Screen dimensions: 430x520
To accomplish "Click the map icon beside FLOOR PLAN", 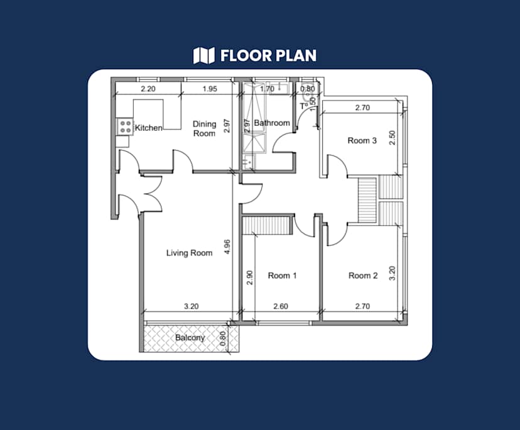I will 203,55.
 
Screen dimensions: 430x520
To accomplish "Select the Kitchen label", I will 149,128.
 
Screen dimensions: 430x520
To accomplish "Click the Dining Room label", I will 204,128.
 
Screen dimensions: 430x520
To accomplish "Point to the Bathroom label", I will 272,123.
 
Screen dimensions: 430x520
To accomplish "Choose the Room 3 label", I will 362,141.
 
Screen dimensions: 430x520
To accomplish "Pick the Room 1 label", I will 282,275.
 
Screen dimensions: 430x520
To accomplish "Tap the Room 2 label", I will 363,275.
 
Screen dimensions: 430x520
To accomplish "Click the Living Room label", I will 189,253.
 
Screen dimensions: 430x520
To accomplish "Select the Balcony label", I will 190,338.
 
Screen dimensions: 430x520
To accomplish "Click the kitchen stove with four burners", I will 125,128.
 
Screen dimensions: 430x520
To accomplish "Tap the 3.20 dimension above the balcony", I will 191,306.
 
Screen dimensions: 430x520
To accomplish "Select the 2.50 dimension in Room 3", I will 393,138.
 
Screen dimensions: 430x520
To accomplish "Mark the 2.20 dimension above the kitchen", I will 148,89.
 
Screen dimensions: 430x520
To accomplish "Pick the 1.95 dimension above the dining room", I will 210,89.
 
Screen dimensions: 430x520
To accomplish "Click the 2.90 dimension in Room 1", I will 250,278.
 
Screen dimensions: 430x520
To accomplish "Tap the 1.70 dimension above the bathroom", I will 268,89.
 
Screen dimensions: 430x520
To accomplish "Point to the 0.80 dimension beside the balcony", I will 224,339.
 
